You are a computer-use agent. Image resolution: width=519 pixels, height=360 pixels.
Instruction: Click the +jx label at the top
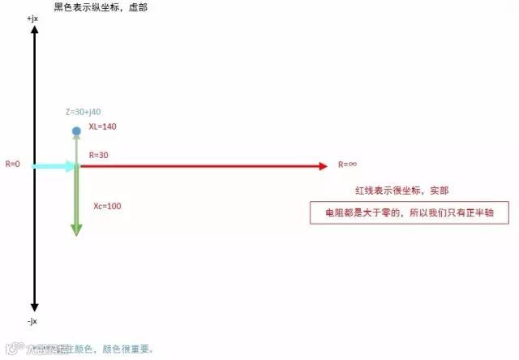pyautogui.click(x=32, y=18)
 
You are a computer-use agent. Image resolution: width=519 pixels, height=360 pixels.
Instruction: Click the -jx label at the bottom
pyautogui.click(x=32, y=321)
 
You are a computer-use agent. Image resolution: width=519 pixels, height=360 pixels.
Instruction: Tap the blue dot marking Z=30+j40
pyautogui.click(x=76, y=131)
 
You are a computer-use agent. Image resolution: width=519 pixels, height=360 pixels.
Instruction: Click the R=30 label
pyautogui.click(x=98, y=154)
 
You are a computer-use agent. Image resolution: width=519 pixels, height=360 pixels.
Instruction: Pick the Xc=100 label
pyautogui.click(x=107, y=206)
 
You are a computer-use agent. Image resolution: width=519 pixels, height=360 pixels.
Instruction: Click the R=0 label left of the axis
pyautogui.click(x=13, y=164)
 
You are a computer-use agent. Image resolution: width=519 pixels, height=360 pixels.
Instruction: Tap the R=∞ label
pyautogui.click(x=348, y=165)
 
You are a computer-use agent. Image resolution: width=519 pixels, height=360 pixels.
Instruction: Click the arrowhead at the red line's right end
pyautogui.click(x=322, y=165)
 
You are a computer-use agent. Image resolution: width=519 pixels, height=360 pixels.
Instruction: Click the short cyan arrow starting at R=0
pyautogui.click(x=54, y=165)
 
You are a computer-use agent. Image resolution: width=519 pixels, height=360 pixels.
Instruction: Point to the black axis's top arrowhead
pyautogui.click(x=34, y=30)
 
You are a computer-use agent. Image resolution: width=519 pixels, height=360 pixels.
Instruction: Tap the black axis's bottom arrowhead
pyautogui.click(x=34, y=306)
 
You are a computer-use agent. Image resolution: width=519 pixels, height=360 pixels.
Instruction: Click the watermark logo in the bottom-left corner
pyautogui.click(x=11, y=349)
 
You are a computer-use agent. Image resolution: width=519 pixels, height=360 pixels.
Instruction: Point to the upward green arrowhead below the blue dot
pyautogui.click(x=76, y=139)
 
